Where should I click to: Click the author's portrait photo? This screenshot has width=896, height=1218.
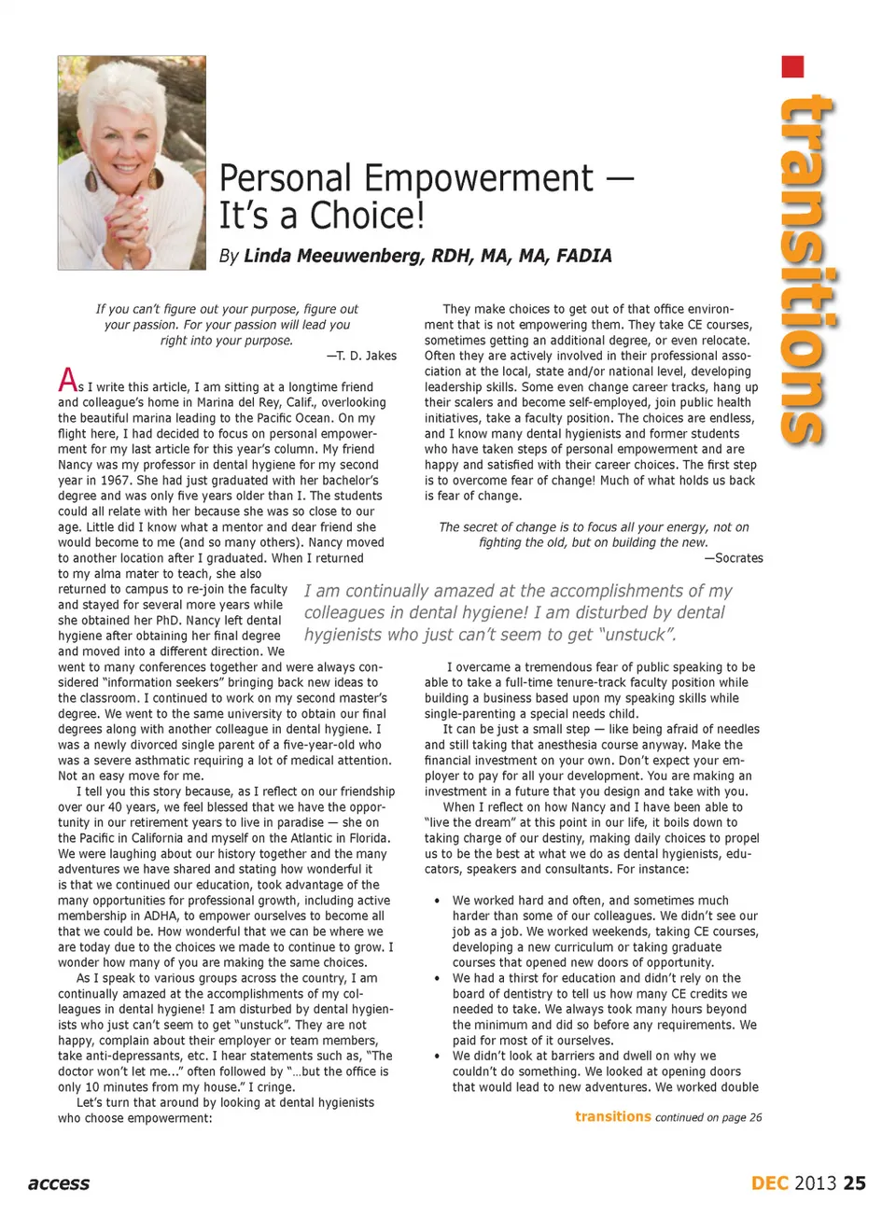132,162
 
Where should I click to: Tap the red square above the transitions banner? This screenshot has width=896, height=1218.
792,67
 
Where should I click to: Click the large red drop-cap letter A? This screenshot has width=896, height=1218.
67,380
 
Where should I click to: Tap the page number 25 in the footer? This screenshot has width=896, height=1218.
854,1183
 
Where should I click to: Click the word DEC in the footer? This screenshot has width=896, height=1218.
770,1183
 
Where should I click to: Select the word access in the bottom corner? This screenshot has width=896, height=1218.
59,1183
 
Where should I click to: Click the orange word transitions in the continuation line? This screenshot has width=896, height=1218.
612,1116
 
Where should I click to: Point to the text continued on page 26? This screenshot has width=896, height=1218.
708,1117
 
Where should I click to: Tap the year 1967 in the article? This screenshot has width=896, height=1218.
115,481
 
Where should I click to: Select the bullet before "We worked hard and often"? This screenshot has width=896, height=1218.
437,901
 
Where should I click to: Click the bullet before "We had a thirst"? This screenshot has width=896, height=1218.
437,978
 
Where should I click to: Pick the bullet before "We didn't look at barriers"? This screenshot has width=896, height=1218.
437,1056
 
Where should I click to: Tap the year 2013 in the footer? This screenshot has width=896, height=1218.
815,1183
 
